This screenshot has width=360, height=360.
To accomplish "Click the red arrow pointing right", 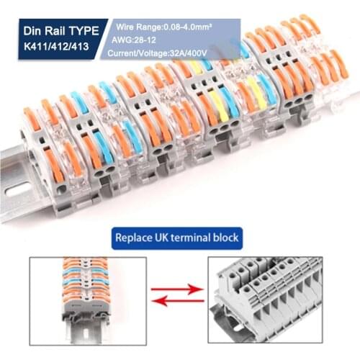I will (x=179, y=288).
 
